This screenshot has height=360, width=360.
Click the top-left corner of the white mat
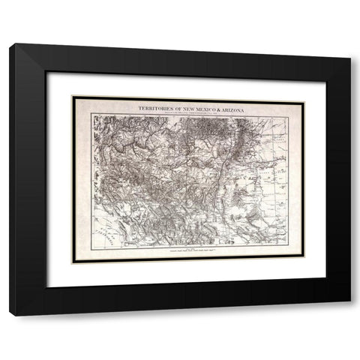point(48,72)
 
